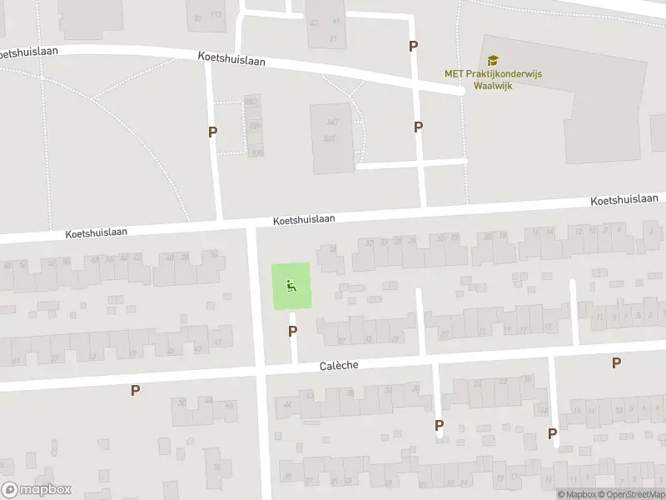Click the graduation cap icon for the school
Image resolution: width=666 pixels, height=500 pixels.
[x=493, y=60]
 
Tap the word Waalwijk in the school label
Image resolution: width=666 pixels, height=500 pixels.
[x=492, y=85]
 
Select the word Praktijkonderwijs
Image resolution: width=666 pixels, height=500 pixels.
[x=504, y=73]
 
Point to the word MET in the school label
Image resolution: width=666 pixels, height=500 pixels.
[x=454, y=73]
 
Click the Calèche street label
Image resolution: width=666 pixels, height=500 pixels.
[x=340, y=367]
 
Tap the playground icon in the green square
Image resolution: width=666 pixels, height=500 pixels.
[x=291, y=287]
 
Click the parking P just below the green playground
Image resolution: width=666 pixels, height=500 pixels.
[x=292, y=331]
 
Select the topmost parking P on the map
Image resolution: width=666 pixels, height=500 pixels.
[x=413, y=46]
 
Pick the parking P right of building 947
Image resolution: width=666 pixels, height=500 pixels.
[x=418, y=127]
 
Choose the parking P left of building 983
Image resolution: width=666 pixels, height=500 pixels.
[x=213, y=132]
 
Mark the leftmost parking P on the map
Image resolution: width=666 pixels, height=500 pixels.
[x=135, y=390]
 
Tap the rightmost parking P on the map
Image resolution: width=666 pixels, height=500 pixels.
[x=616, y=362]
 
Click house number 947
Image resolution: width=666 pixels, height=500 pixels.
[x=333, y=122]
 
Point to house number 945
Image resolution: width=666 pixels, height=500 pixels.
[x=330, y=138]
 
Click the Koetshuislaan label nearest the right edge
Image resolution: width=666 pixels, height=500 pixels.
[x=624, y=201]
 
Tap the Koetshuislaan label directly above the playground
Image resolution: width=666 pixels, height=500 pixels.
[x=304, y=219]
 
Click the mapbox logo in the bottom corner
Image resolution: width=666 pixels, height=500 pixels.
[x=37, y=490]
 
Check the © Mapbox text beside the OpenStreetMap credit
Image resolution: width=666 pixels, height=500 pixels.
[x=576, y=494]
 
